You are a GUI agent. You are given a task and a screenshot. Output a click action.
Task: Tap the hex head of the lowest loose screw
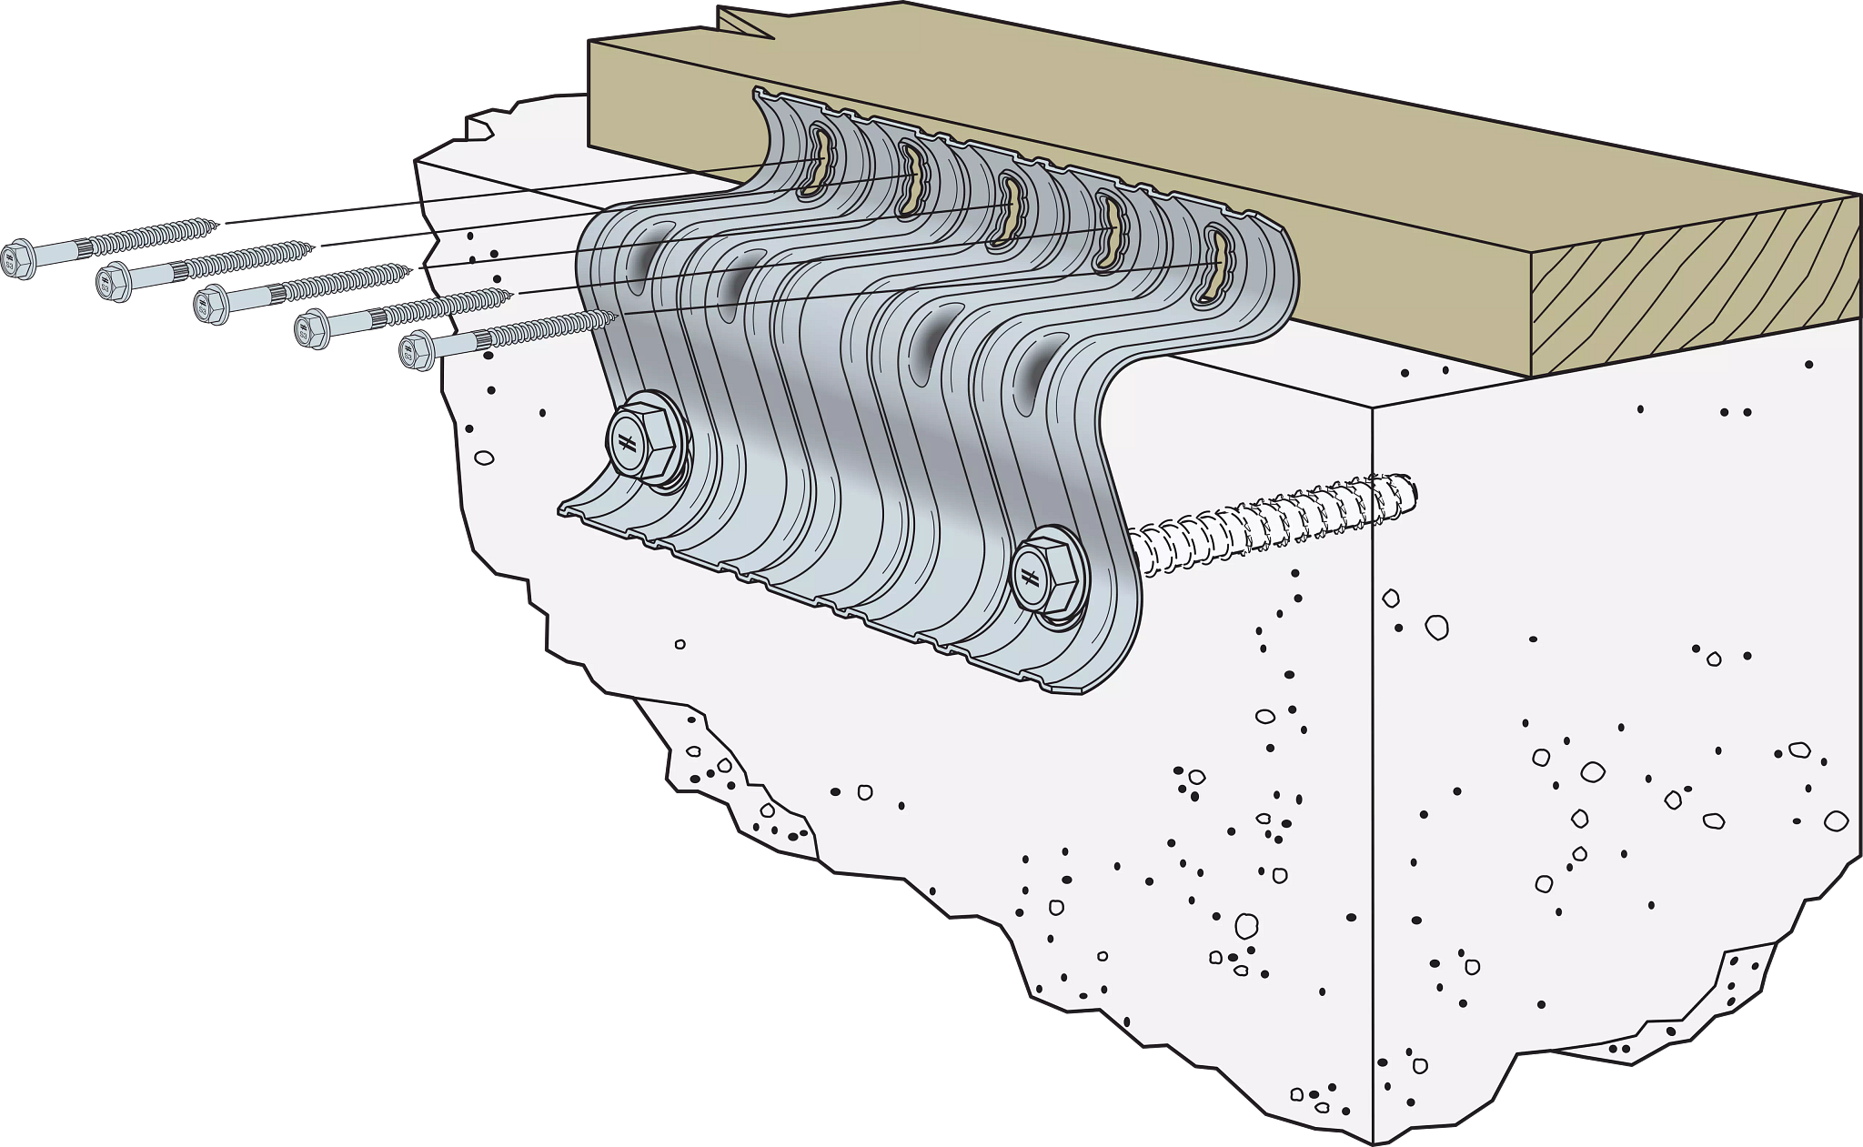[418, 352]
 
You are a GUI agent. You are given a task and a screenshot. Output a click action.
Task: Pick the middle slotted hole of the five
[1011, 211]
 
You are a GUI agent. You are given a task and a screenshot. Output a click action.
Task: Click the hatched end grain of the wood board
[1692, 291]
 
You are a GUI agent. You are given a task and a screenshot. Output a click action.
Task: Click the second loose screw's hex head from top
[115, 282]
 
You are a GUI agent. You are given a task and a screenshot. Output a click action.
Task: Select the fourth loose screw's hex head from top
[314, 328]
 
